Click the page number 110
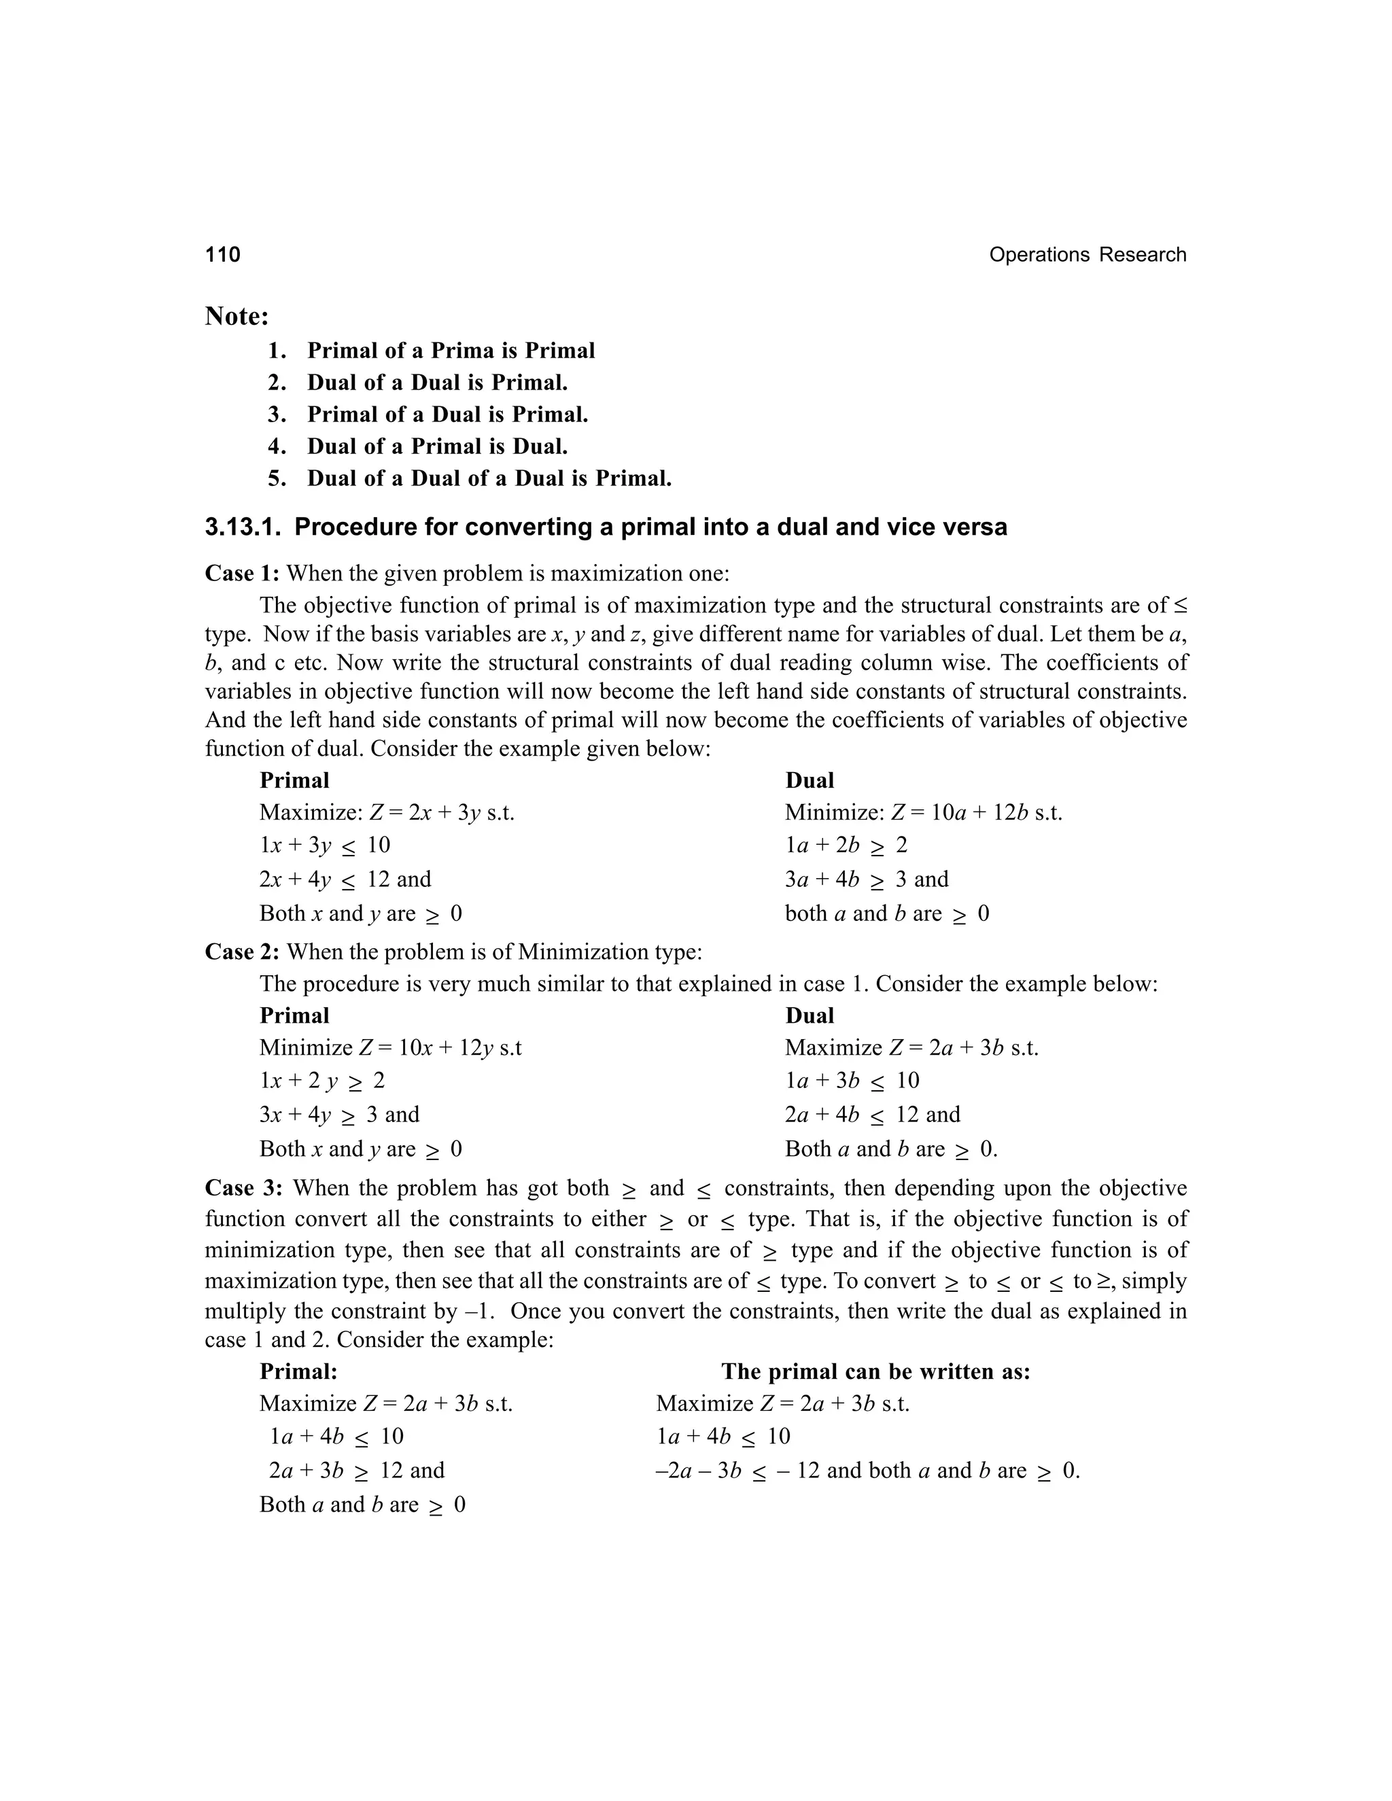pos(223,255)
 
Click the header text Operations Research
pos(1087,255)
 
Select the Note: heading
pos(237,316)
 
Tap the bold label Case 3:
pos(243,1188)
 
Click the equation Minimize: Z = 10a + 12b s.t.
pos(923,813)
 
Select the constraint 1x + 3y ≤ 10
pos(324,845)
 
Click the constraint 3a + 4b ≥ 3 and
pos(866,879)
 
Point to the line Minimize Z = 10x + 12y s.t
pos(390,1048)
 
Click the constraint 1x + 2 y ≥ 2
pos(321,1081)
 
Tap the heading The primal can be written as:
pos(875,1372)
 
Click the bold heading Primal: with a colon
pos(298,1372)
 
